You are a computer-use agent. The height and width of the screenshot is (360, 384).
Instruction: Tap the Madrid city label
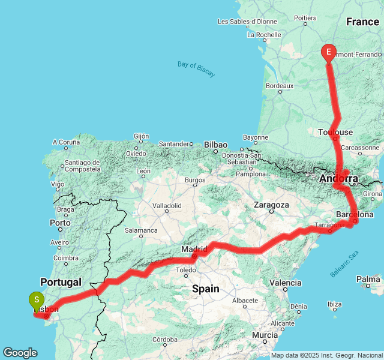(x=195, y=249)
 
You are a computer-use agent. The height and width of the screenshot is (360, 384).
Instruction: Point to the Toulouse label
(x=335, y=132)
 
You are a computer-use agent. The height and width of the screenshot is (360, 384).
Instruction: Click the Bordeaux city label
(x=279, y=86)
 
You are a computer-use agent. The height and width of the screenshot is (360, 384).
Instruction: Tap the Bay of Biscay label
(x=196, y=68)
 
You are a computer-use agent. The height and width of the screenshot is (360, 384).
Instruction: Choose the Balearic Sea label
(x=344, y=263)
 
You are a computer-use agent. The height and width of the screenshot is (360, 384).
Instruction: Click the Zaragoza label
(x=271, y=205)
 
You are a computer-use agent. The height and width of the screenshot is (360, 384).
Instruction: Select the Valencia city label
(x=286, y=282)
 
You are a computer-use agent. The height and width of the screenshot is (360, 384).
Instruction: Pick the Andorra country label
(x=339, y=179)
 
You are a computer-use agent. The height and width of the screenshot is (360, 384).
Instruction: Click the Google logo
(x=20, y=353)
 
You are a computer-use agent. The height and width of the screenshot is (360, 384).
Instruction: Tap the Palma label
(x=368, y=279)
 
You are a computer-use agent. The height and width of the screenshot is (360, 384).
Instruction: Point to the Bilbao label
(x=215, y=145)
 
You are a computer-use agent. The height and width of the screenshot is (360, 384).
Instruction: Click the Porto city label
(x=61, y=223)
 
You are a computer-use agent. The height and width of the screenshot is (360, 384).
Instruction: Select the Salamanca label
(x=141, y=230)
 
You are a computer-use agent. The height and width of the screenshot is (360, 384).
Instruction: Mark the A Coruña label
(x=66, y=142)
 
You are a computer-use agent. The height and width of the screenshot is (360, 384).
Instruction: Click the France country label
(x=362, y=22)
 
